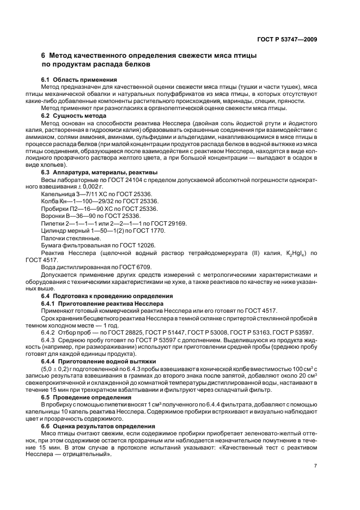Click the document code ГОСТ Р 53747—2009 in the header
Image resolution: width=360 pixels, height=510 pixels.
(x=287, y=39)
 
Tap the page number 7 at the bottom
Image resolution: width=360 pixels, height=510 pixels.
(x=316, y=465)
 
